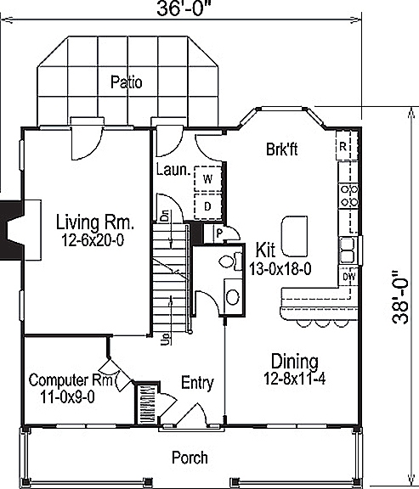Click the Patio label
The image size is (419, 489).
126,82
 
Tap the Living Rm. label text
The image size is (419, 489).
95,222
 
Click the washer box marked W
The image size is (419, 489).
207,178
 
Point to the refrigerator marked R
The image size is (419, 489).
344,145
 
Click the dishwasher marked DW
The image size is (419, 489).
348,276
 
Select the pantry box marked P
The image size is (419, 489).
219,233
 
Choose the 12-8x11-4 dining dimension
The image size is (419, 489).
294,378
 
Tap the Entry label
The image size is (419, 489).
197,383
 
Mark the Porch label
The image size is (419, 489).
190,458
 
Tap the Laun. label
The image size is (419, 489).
172,170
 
